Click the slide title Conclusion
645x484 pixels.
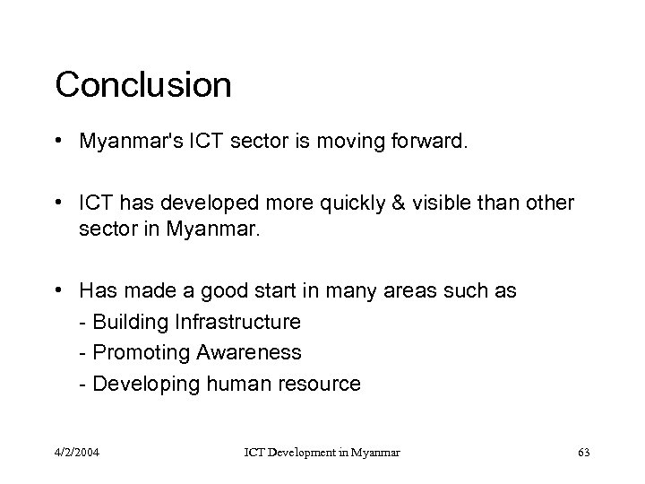coord(143,85)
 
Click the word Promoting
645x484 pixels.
coord(136,352)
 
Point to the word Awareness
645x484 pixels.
coord(243,352)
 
